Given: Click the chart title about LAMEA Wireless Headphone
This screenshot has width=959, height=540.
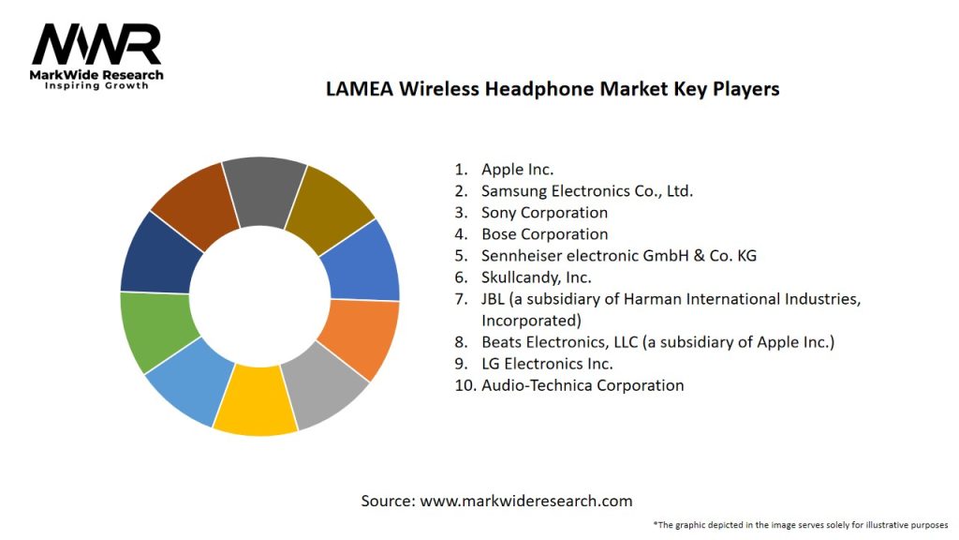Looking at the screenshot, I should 553,89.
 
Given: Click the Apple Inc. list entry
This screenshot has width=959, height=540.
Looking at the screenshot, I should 517,170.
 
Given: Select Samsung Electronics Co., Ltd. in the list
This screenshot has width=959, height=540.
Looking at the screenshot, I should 586,191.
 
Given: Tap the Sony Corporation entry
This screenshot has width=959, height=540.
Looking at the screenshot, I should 544,213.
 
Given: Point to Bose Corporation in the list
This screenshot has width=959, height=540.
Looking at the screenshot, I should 544,234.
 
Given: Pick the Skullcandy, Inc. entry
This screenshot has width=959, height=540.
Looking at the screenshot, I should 536,277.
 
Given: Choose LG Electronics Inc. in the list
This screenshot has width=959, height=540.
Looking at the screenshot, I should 547,364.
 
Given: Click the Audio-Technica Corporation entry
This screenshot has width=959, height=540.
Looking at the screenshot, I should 582,385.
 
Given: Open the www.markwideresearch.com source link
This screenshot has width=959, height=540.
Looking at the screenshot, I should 525,501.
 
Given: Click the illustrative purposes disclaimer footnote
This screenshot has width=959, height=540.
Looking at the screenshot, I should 801,524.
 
